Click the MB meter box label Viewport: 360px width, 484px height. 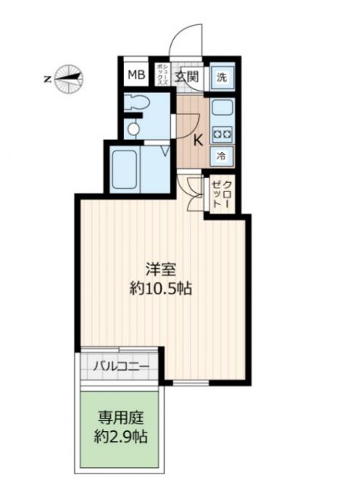[x=136, y=75]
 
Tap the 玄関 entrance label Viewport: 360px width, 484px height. [x=187, y=76]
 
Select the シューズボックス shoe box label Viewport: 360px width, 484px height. [x=162, y=74]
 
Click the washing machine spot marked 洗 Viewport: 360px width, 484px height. [x=222, y=77]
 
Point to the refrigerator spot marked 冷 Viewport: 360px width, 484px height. [x=221, y=157]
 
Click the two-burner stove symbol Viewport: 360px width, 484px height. [x=222, y=135]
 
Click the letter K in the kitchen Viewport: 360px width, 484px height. [x=198, y=141]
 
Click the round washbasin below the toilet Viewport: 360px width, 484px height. [x=133, y=129]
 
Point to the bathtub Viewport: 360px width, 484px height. [x=124, y=169]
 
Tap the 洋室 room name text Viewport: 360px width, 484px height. [x=161, y=270]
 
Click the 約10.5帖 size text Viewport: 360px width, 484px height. [x=161, y=289]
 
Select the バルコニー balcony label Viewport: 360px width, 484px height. [x=121, y=366]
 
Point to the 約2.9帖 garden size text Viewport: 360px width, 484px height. [x=121, y=437]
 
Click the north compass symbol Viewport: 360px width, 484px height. [x=69, y=79]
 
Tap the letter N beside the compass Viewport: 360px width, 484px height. [x=47, y=79]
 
